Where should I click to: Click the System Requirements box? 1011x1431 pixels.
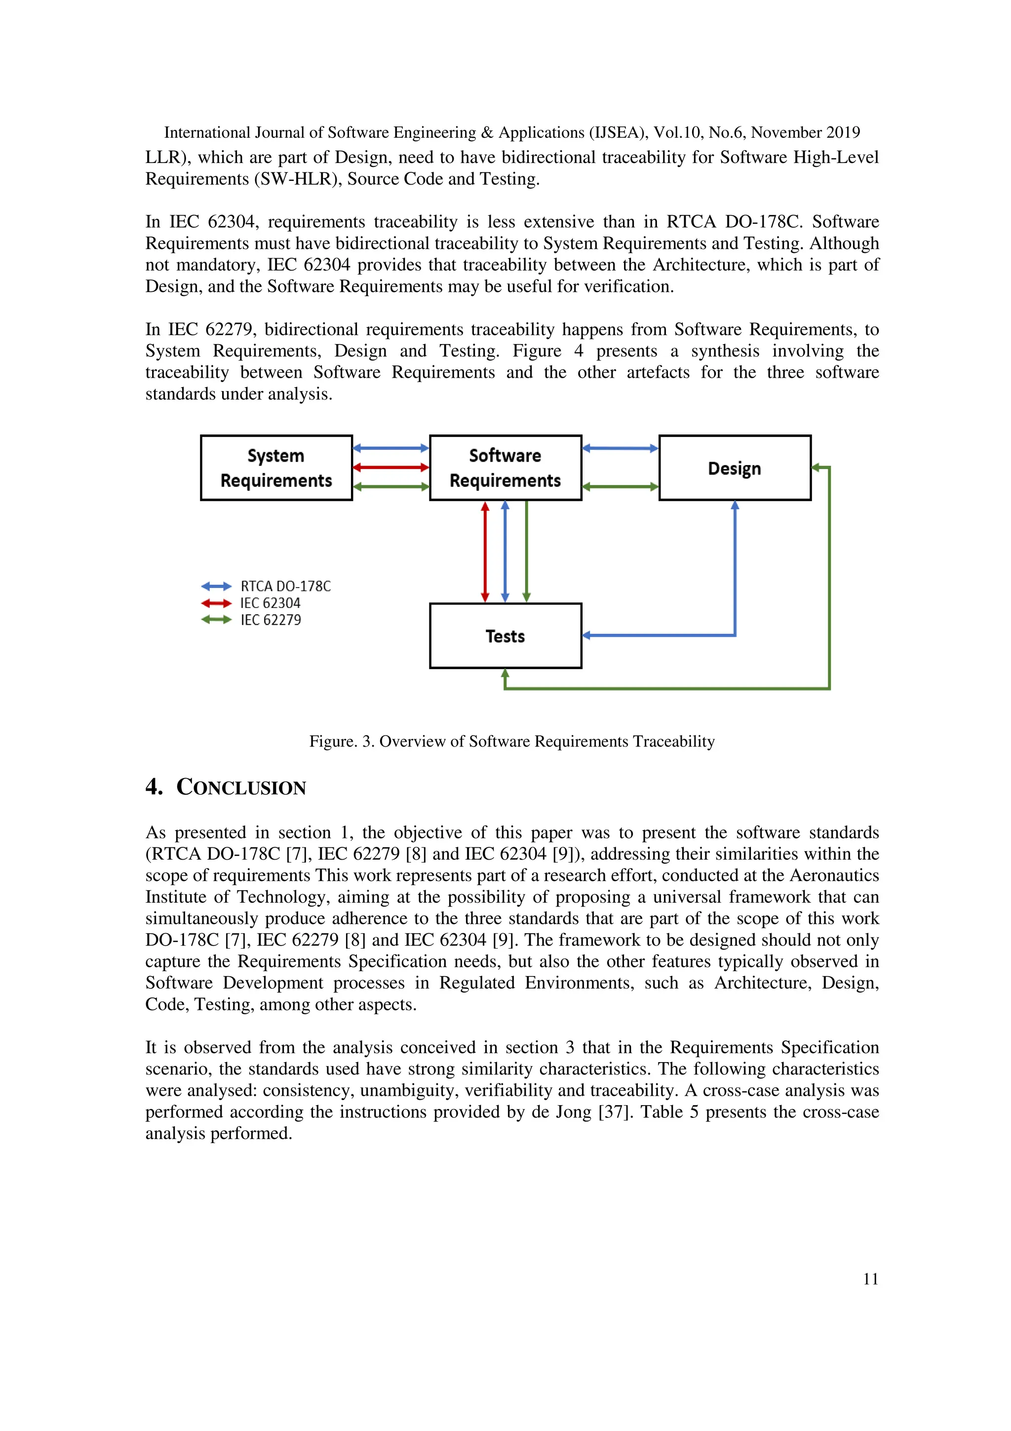pyautogui.click(x=276, y=468)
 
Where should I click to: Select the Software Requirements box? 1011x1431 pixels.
pyautogui.click(x=505, y=468)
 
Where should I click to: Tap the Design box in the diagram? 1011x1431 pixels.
pyautogui.click(x=735, y=468)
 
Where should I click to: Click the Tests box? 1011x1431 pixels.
pyautogui.click(x=505, y=636)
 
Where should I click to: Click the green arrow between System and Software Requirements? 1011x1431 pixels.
pyautogui.click(x=390, y=487)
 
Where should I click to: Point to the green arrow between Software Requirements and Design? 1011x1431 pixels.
pyautogui.click(x=620, y=487)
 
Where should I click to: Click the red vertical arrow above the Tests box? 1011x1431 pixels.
pyautogui.click(x=485, y=552)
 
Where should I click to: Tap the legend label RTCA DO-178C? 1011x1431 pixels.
pyautogui.click(x=285, y=587)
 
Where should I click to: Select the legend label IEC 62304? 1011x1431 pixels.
pyautogui.click(x=271, y=603)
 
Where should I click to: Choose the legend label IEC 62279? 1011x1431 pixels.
pyautogui.click(x=271, y=620)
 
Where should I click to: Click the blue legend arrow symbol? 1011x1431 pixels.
pyautogui.click(x=216, y=587)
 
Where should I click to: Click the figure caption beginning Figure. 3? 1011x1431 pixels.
pyautogui.click(x=511, y=742)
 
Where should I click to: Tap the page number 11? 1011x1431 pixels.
pyautogui.click(x=870, y=1279)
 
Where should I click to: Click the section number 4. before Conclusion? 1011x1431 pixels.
pyautogui.click(x=154, y=787)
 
